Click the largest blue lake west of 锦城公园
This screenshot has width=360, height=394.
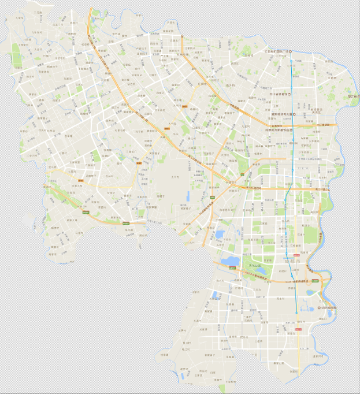pos(230,261)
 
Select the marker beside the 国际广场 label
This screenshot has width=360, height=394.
pos(291,52)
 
